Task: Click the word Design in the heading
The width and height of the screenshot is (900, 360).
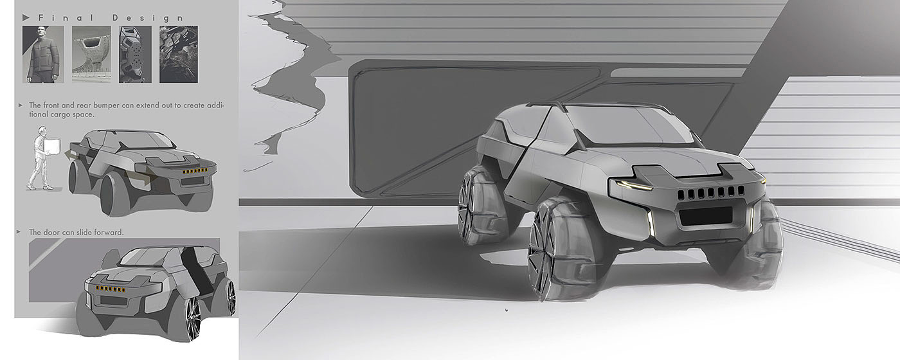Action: (148, 18)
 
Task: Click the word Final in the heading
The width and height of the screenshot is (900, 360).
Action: (66, 18)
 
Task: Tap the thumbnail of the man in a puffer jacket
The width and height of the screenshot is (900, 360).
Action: (43, 54)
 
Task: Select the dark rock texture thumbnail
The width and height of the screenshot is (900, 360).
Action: (179, 54)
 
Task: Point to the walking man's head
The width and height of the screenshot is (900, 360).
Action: (42, 130)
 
